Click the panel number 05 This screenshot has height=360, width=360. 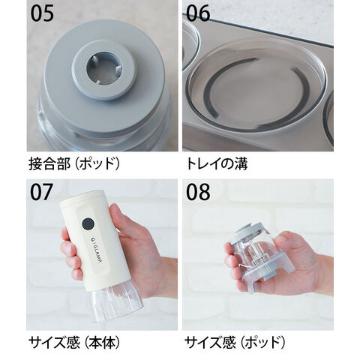click(x=42, y=13)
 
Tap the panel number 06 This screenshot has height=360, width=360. click(x=198, y=13)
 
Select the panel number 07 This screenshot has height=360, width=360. click(x=42, y=192)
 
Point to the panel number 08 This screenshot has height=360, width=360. click(x=198, y=192)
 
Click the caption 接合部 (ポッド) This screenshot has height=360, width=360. click(x=74, y=164)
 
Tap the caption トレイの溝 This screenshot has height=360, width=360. click(x=217, y=164)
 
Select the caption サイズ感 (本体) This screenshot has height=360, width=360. click(x=74, y=343)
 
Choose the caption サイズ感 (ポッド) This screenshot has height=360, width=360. click(x=235, y=343)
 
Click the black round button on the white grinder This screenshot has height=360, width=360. click(x=88, y=223)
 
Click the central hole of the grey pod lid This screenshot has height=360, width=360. click(x=104, y=67)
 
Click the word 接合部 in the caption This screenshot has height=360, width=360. click(x=49, y=164)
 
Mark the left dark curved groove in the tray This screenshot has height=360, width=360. click(x=220, y=82)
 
